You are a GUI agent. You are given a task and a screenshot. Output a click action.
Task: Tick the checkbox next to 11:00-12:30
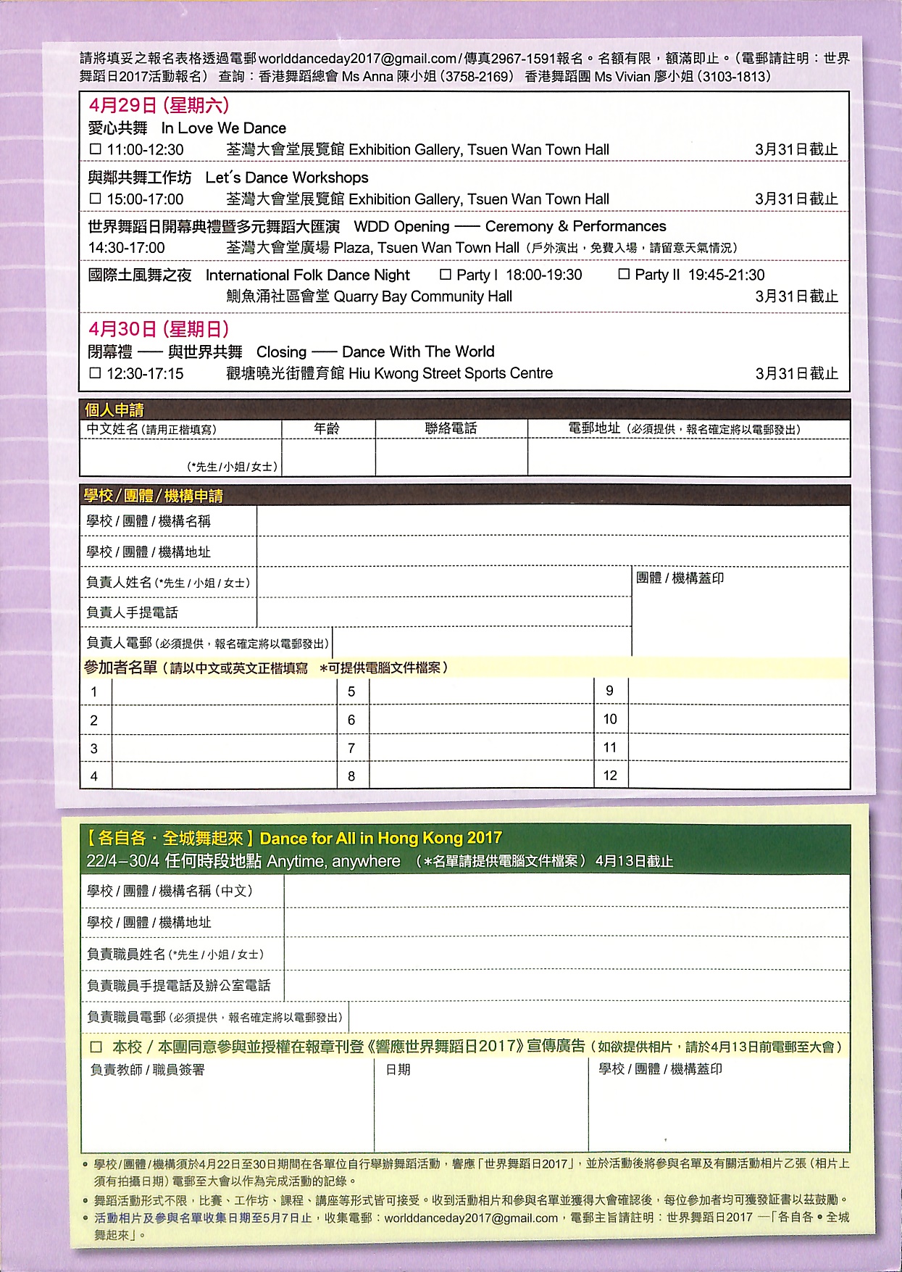95,149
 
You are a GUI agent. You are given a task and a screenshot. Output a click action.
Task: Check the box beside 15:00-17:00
95,199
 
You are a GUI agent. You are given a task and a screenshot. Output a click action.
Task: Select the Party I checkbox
446,275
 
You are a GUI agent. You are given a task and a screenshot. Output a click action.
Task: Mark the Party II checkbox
624,275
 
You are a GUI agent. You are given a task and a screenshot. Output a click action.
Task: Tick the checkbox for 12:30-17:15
95,373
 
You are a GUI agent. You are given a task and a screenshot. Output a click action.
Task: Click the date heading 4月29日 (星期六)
159,106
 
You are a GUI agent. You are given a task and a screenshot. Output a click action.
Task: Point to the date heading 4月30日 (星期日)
159,330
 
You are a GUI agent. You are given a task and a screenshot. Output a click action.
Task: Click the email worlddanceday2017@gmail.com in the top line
357,59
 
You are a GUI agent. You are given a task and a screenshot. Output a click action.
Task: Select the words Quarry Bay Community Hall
422,296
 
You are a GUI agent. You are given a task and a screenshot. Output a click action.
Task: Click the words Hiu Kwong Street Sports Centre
451,373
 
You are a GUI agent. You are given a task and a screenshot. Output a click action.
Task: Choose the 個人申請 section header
114,410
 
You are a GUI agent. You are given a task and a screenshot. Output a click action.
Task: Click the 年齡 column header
327,429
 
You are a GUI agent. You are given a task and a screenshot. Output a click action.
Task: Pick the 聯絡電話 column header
451,429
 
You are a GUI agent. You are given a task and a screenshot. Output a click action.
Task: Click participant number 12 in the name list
610,776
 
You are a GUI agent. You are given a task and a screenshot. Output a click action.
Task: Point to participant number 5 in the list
351,692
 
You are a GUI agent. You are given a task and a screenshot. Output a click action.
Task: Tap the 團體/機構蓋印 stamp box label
680,578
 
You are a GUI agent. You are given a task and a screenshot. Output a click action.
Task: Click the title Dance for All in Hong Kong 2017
380,839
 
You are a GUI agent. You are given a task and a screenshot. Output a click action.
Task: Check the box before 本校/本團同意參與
96,1047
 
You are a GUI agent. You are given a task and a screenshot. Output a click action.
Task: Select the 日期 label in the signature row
398,1070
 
